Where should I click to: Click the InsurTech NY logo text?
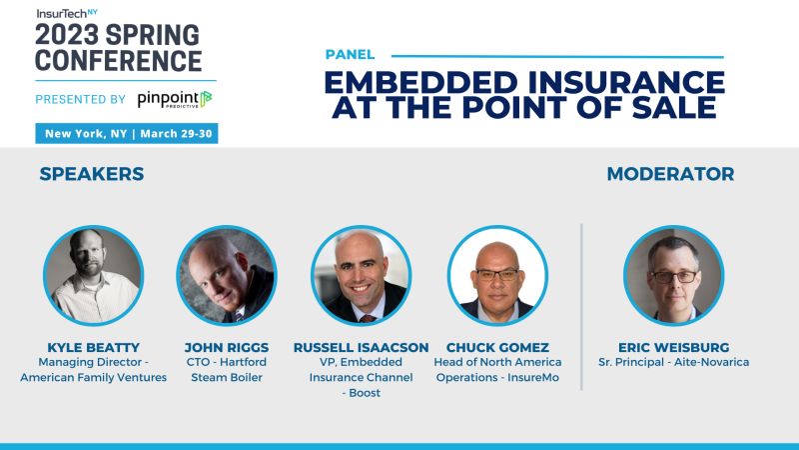click(x=67, y=12)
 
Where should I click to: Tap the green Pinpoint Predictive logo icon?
click(x=205, y=98)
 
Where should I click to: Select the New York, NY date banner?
click(x=127, y=134)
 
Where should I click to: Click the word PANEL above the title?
click(x=350, y=55)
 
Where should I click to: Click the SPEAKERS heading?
click(x=92, y=174)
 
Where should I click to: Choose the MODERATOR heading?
click(x=670, y=174)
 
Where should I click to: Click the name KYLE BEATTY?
click(x=92, y=347)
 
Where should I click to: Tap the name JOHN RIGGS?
click(x=226, y=347)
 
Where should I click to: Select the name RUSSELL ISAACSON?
click(x=362, y=347)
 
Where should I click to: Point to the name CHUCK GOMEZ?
click(x=497, y=347)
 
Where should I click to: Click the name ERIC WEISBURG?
click(x=672, y=347)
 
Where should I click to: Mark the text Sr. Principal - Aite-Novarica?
click(x=672, y=362)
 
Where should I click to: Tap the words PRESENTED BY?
click(x=80, y=99)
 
